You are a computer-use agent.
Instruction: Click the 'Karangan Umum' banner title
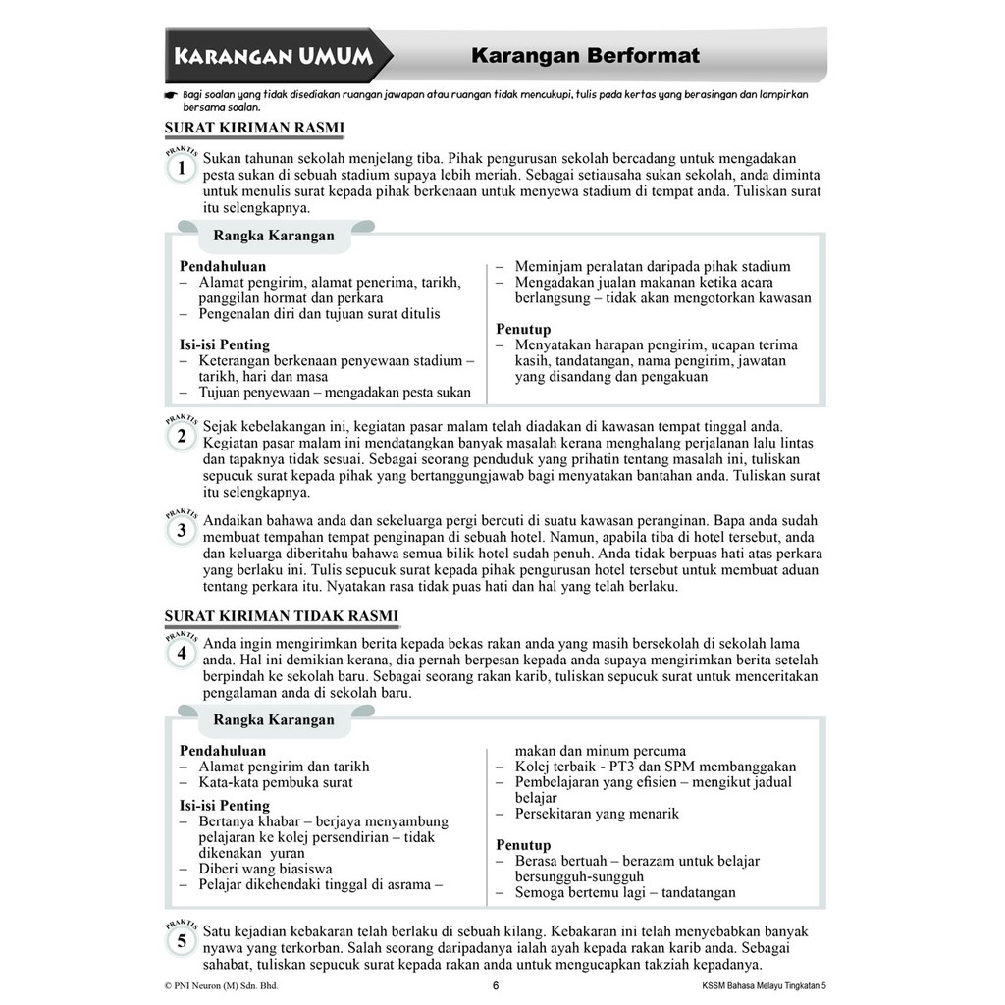pyautogui.click(x=274, y=55)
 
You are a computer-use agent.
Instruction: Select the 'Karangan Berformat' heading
pyautogui.click(x=585, y=55)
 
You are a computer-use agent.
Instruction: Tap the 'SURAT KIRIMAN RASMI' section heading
pyautogui.click(x=253, y=128)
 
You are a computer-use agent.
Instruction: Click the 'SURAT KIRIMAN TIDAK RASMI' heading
pyautogui.click(x=282, y=616)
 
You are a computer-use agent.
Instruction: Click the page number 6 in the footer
pyautogui.click(x=497, y=986)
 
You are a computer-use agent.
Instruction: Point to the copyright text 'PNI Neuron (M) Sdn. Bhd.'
pyautogui.click(x=228, y=986)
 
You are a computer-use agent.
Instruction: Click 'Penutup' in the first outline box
pyautogui.click(x=523, y=329)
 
